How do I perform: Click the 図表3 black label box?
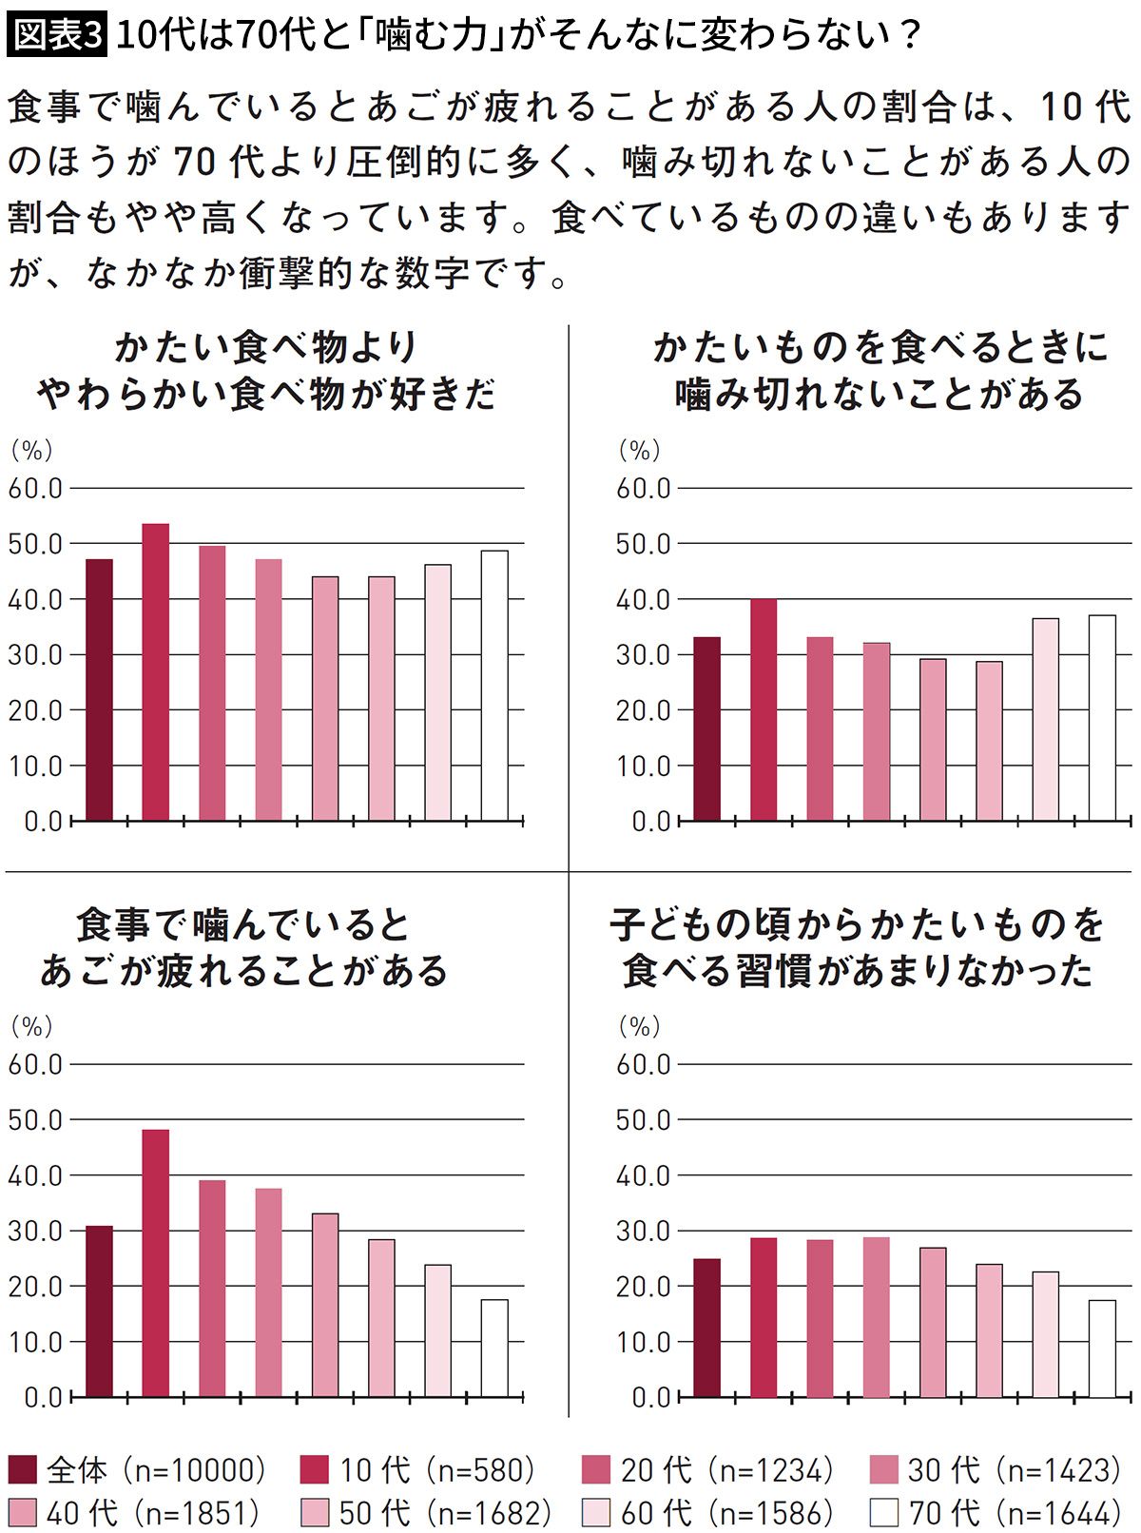point(57,35)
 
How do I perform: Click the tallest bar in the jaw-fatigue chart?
point(156,1263)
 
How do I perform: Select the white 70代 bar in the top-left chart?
point(494,685)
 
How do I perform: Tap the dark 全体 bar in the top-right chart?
point(706,728)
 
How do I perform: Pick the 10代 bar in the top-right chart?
point(764,709)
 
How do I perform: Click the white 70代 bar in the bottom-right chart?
point(1102,1349)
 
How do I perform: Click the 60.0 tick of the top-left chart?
point(35,489)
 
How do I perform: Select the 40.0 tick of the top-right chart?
point(644,600)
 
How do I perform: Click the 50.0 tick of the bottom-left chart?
point(35,1120)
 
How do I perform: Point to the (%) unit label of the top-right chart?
point(639,450)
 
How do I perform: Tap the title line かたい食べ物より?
point(266,347)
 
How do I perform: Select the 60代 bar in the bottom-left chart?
point(438,1330)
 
